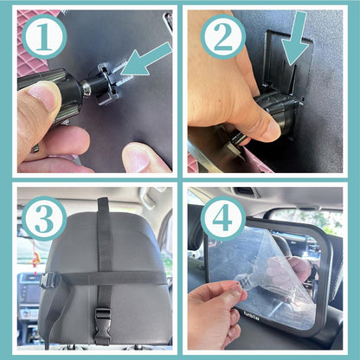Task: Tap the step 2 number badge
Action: [222, 38]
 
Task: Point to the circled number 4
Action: [223, 219]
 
